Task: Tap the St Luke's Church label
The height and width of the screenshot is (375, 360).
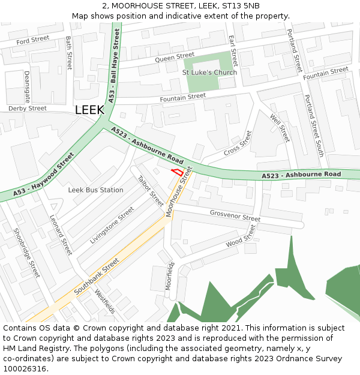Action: (209, 73)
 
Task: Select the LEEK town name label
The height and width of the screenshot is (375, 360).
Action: (89, 110)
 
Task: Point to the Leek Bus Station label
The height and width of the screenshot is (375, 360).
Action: (95, 190)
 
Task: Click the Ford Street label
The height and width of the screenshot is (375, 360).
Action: (33, 40)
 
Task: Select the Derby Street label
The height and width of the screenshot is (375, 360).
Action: (27, 109)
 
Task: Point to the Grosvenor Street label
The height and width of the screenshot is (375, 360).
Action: (235, 216)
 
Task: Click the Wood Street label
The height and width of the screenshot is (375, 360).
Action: (241, 236)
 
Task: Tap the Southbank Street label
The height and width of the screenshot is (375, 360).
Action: (97, 277)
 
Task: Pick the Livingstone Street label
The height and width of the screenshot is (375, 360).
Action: (112, 226)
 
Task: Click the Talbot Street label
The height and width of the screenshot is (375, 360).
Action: (151, 191)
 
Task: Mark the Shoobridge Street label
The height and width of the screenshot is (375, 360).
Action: (26, 253)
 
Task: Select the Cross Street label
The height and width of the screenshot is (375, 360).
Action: (238, 144)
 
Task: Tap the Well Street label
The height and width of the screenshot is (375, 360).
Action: (280, 128)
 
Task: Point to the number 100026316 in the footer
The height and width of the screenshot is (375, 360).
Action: (23, 369)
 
